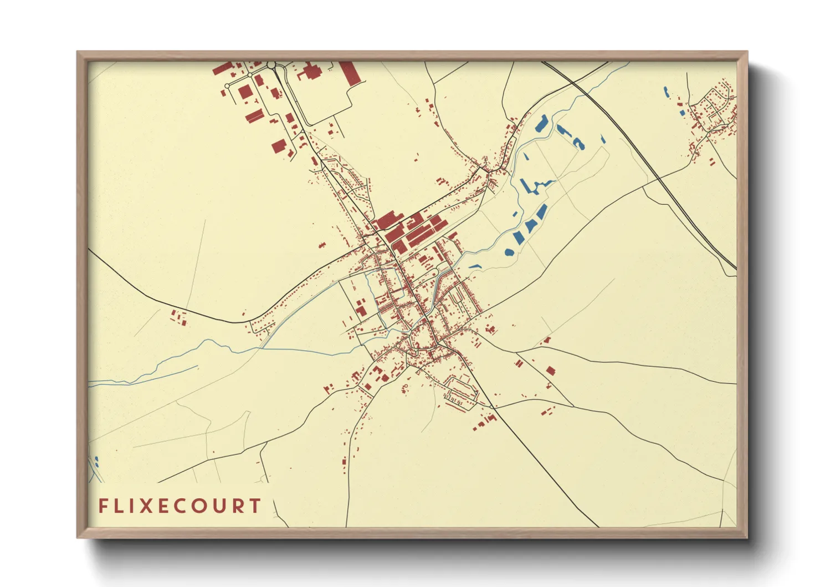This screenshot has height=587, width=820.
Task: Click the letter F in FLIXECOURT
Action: [x=102, y=506]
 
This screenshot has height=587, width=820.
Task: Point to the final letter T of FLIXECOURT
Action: [x=255, y=506]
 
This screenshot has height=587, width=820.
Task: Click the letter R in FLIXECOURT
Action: [x=238, y=506]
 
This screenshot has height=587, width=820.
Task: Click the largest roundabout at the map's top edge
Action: [x=271, y=65]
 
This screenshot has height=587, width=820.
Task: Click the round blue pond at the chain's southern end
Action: [x=509, y=252]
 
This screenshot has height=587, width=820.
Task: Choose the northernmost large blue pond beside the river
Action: [x=541, y=123]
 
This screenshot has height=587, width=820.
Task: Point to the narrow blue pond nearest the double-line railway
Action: [x=603, y=140]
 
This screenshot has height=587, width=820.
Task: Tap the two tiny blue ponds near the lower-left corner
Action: [x=96, y=460]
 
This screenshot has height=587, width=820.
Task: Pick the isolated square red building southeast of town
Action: [x=550, y=371]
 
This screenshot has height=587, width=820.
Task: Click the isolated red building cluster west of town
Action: [x=178, y=318]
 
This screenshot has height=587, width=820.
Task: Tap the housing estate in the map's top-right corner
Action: [x=715, y=111]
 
